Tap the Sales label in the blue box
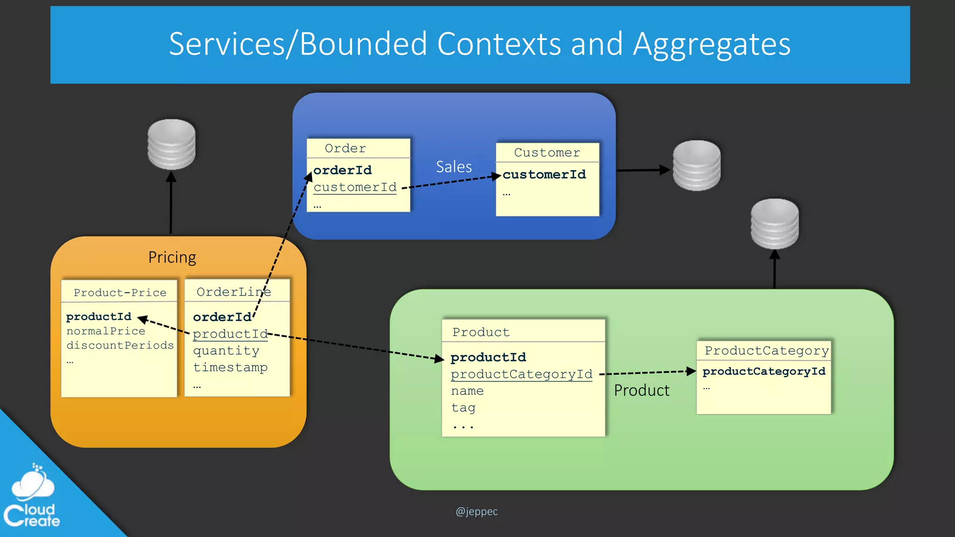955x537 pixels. (x=454, y=167)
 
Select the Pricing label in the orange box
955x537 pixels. (x=172, y=257)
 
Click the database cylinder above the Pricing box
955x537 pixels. (x=172, y=144)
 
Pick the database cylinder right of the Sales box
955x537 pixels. (x=697, y=165)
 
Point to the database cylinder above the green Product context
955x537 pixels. (x=775, y=224)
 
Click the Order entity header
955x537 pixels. (x=346, y=149)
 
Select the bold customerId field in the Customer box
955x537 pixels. (x=544, y=175)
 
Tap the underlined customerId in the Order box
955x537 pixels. (x=355, y=187)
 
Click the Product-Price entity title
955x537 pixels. (x=120, y=293)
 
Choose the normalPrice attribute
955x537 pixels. (x=106, y=331)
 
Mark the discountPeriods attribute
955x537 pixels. (x=120, y=345)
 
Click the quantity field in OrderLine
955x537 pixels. (x=226, y=351)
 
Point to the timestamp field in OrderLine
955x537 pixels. (x=230, y=368)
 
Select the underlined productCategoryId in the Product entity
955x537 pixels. (x=521, y=374)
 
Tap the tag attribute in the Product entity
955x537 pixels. (x=463, y=408)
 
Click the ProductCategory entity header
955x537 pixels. (x=767, y=351)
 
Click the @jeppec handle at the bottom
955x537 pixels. (x=477, y=511)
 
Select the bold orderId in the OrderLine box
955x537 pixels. (x=222, y=317)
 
